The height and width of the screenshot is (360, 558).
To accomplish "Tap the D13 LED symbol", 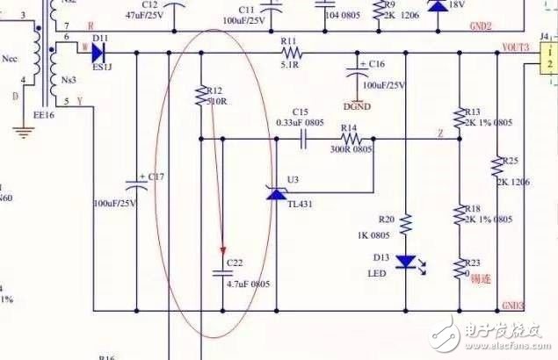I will (x=405, y=262).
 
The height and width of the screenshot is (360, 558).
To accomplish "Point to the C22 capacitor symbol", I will (x=223, y=273).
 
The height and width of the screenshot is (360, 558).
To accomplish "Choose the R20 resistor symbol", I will (x=405, y=226).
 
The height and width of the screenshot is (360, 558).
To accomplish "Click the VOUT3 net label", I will (x=514, y=47).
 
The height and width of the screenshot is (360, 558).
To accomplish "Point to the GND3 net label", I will (x=513, y=306).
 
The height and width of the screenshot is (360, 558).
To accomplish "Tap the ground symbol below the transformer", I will (x=24, y=133).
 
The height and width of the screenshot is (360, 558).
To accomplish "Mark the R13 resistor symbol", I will (x=457, y=116).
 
